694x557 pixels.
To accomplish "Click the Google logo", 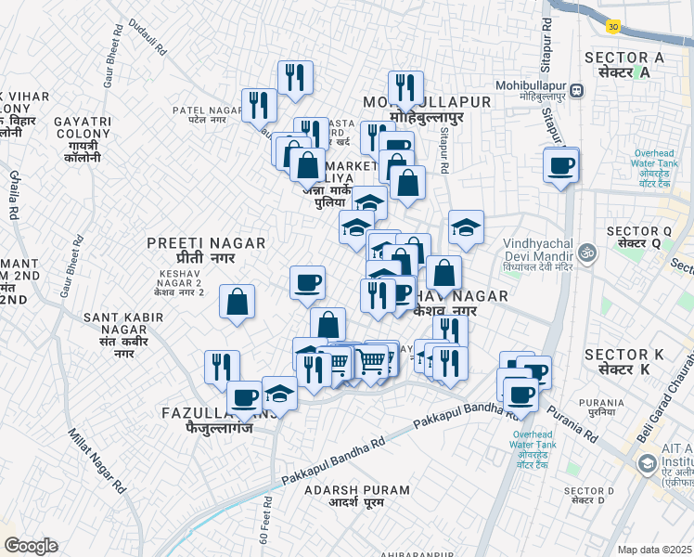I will click(31, 546).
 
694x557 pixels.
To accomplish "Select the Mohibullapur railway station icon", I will click(577, 91).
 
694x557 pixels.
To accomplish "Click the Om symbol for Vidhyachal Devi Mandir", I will click(586, 251).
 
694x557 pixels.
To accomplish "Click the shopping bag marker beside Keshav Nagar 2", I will click(238, 302).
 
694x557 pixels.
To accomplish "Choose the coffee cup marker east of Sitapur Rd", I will click(561, 166).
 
